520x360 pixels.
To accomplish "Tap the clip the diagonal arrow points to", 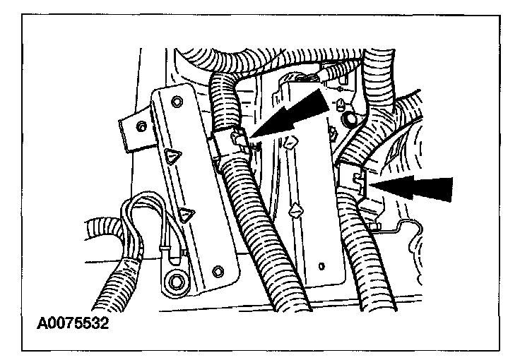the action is coord(230,141).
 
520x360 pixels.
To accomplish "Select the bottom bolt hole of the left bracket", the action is coord(218,270).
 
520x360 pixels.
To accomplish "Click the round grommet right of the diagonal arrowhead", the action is coord(350,121).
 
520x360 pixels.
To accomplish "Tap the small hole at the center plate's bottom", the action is coord(322,266).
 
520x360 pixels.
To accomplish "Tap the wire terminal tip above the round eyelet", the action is coord(165,247).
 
